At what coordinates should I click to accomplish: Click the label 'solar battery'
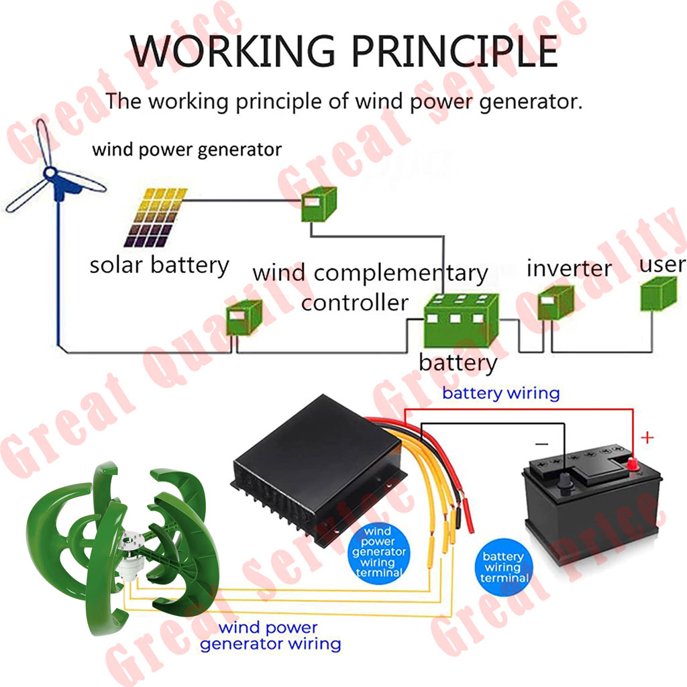point(160,265)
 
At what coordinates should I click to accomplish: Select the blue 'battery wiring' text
point(500,393)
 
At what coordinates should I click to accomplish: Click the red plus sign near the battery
point(647,438)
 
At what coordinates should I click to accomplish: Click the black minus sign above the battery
point(541,443)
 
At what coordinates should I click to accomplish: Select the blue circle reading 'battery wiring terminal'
point(503,568)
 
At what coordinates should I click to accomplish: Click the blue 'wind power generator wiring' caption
point(270,636)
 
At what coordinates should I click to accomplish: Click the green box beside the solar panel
point(317,204)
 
